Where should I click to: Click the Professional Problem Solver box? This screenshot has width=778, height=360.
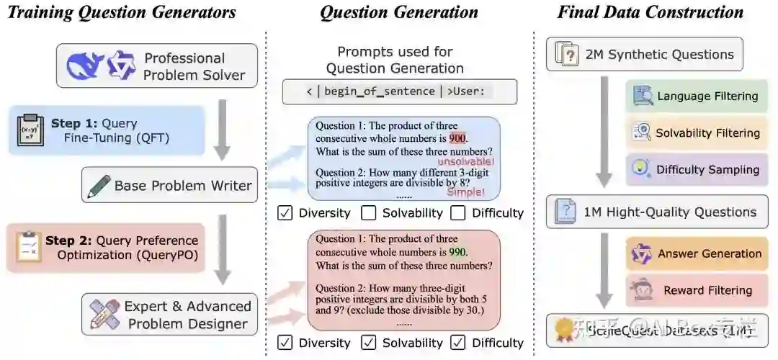tap(156, 66)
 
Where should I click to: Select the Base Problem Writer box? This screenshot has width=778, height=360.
tap(169, 186)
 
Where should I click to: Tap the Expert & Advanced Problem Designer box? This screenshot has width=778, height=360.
tap(169, 315)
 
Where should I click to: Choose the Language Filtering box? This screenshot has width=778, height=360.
tap(697, 96)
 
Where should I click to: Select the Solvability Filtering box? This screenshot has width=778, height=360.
tap(697, 133)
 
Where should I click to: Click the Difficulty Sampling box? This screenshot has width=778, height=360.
tap(697, 170)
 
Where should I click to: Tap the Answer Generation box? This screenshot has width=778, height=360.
tap(697, 254)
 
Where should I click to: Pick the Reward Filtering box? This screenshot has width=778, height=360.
tap(697, 291)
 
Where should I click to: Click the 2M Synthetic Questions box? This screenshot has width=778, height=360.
tap(644, 55)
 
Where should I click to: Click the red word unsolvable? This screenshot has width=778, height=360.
tap(465, 163)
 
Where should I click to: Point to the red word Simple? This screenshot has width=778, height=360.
tap(465, 192)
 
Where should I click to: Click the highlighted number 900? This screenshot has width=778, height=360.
tap(457, 138)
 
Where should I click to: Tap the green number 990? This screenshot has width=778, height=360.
tap(457, 253)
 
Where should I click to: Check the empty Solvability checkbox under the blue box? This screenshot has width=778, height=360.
tap(369, 213)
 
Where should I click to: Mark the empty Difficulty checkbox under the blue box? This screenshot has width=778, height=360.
tap(458, 213)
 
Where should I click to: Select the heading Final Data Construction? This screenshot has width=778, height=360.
tap(650, 12)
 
